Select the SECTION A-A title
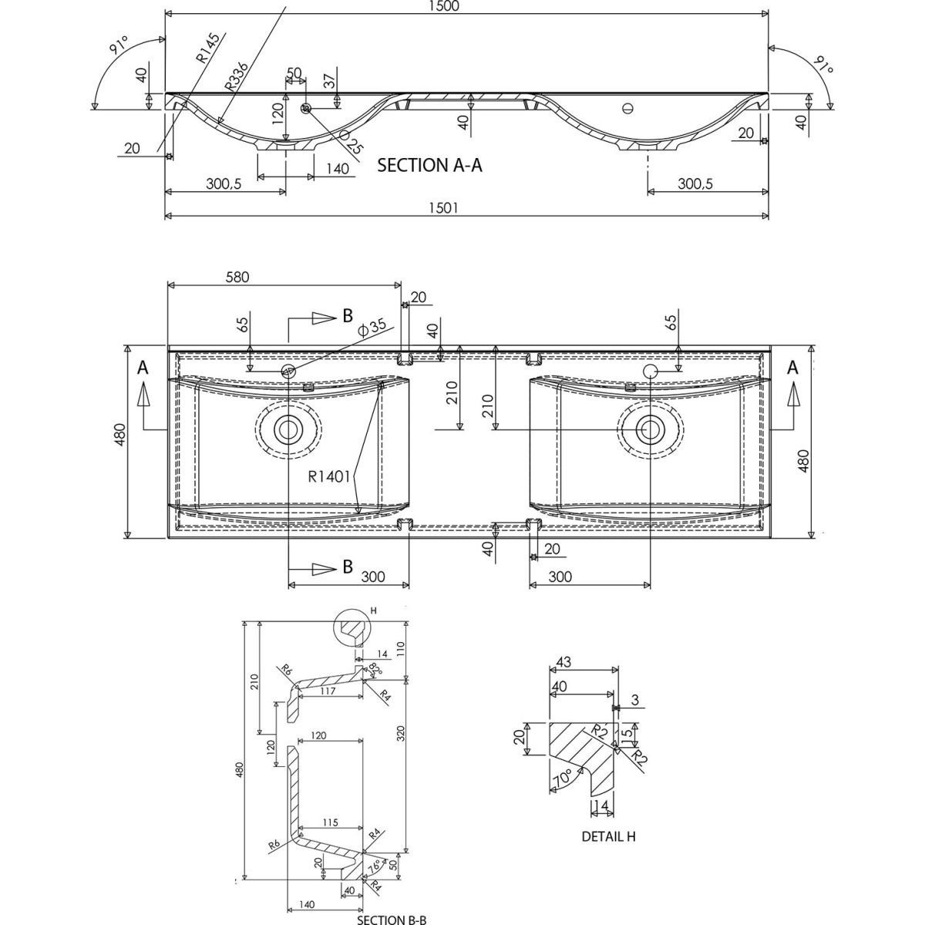pos(429,165)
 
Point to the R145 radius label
pos(207,47)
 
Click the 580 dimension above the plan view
pos(237,277)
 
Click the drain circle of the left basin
pos(288,428)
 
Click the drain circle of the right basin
pos(650,428)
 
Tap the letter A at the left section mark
pos(143,369)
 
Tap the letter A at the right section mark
pos(792,369)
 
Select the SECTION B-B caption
pos(392,919)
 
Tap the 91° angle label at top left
pos(118,48)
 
